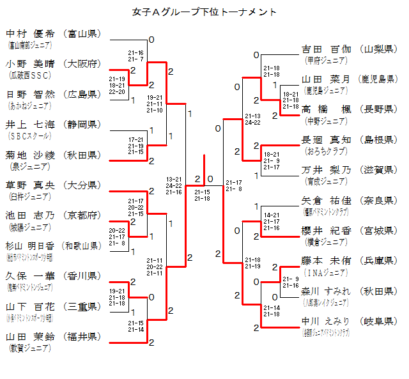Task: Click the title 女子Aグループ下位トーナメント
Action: [204, 12]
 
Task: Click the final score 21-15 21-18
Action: [202, 195]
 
